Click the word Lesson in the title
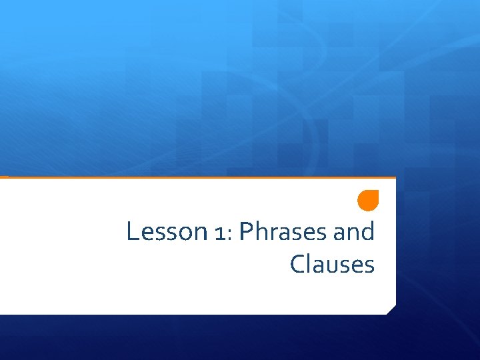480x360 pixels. click(167, 232)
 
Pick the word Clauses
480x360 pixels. click(332, 265)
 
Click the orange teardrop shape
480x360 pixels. click(367, 200)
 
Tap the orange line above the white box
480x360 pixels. click(200, 177)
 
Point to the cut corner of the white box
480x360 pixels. click(391, 309)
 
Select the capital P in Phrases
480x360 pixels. click(245, 232)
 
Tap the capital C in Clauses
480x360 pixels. click(297, 265)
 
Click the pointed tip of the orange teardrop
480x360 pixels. click(377, 192)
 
